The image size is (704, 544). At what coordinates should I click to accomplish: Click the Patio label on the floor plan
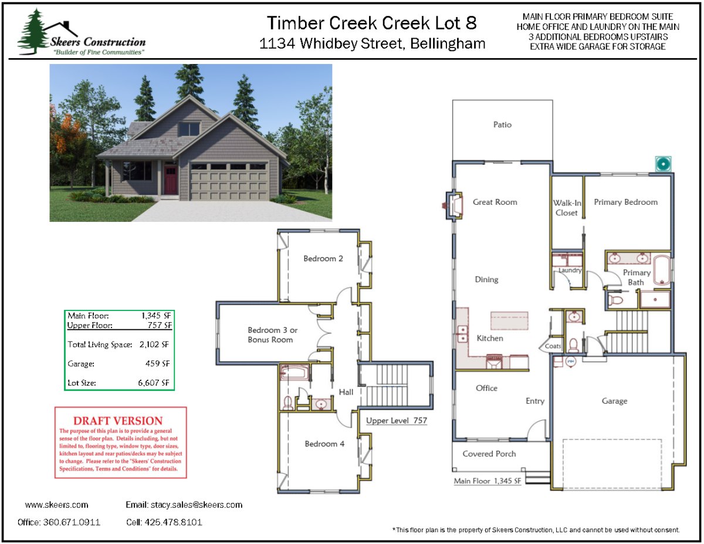click(502, 125)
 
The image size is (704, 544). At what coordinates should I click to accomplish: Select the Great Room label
click(495, 202)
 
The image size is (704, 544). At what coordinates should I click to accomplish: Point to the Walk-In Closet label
click(567, 208)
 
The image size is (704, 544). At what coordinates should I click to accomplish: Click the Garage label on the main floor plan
click(614, 401)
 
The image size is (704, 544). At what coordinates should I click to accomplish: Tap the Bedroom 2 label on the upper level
click(323, 259)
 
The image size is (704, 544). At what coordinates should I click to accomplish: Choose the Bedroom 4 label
click(324, 444)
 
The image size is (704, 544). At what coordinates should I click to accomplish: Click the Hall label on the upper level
click(346, 392)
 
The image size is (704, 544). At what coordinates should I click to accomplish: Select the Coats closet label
click(553, 346)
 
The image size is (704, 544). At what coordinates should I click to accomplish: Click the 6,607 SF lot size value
click(154, 383)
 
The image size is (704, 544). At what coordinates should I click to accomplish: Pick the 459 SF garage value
click(157, 363)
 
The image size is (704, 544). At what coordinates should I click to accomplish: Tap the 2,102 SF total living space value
click(154, 344)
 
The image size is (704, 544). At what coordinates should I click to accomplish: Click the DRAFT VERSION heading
click(117, 421)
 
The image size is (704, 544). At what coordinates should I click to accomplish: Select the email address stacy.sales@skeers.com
click(197, 505)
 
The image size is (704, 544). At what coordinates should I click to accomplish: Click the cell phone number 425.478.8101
click(173, 522)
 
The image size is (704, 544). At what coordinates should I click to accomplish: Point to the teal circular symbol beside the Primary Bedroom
click(663, 164)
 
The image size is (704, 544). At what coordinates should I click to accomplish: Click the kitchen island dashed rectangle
click(509, 321)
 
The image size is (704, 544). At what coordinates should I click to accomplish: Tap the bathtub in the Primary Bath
click(662, 271)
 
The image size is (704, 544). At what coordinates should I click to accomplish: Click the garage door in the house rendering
click(229, 181)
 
